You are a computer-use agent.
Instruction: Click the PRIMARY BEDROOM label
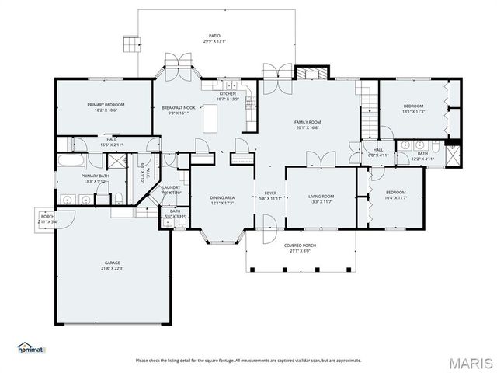coord(105,105)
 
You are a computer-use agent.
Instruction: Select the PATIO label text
coord(214,36)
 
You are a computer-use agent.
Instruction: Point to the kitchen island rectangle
coord(210,120)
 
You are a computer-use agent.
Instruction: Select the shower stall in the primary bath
coord(116,162)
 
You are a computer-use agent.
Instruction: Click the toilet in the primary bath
coord(117,199)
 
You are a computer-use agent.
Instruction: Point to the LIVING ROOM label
coord(321,197)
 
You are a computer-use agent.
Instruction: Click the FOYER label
coord(270,193)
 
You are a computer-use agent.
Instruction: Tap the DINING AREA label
coord(222,197)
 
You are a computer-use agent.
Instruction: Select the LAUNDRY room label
coord(171,187)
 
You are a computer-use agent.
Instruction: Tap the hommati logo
coord(31,347)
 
